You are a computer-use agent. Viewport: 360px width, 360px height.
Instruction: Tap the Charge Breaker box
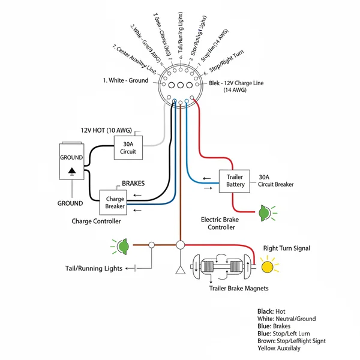(115, 202)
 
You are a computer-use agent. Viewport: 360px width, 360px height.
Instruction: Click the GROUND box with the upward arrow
(72, 161)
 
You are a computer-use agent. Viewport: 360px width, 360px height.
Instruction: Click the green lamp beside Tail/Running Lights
(123, 245)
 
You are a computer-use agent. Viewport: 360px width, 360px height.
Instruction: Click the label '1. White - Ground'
(125, 80)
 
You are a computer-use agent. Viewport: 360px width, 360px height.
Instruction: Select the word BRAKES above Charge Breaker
(133, 183)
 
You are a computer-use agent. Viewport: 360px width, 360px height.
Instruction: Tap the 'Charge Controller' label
(96, 221)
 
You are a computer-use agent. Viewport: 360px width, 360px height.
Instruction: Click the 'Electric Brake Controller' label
(221, 223)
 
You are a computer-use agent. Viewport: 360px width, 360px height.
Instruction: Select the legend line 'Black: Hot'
(271, 311)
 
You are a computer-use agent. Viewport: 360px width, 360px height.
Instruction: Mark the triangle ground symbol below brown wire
(179, 269)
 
